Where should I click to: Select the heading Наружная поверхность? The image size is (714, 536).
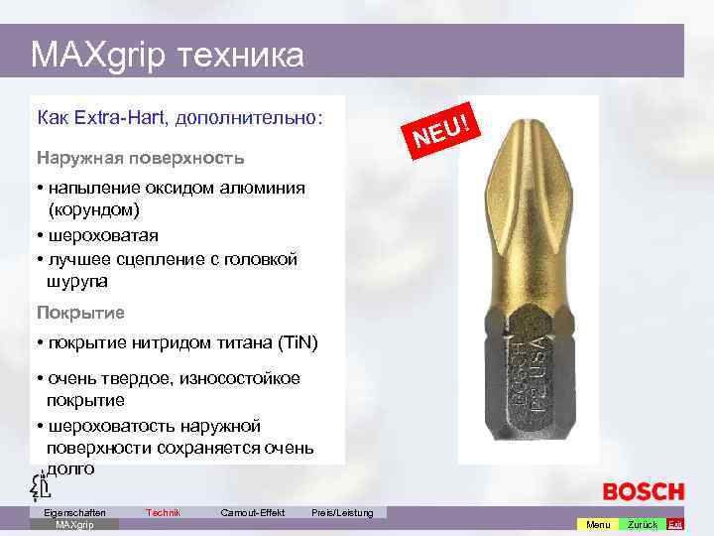click(140, 158)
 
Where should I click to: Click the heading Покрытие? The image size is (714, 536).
click(80, 313)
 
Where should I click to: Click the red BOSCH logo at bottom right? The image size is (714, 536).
click(644, 491)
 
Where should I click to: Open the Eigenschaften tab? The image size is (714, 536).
click(68, 512)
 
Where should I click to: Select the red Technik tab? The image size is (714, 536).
click(163, 512)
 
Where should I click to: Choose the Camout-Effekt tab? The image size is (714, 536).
click(253, 512)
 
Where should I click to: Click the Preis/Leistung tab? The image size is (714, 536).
click(342, 512)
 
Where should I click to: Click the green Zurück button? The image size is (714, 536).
click(643, 524)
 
